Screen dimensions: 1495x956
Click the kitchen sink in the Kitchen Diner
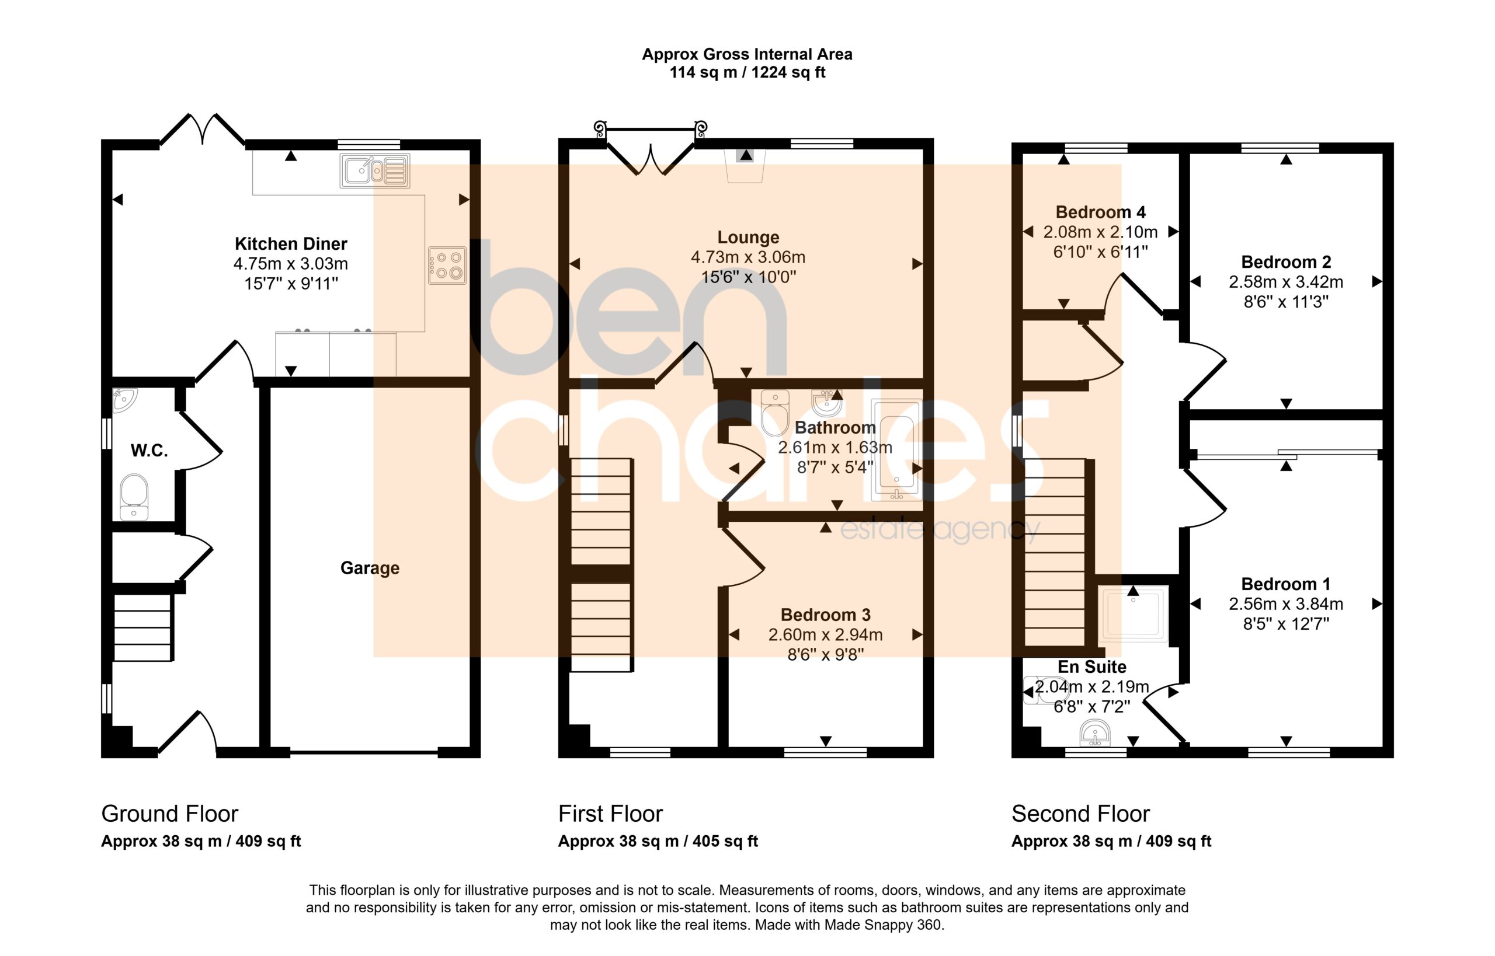point(374,170)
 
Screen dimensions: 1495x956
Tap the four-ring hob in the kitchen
point(447,265)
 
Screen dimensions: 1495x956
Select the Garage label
point(370,568)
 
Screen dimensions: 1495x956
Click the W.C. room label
point(149,451)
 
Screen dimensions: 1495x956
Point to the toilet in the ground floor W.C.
point(134,497)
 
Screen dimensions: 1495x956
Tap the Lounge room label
point(748,237)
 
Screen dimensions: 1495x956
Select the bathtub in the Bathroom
point(896,450)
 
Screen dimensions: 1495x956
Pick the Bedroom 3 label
point(825,615)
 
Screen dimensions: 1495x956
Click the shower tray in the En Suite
point(1133,615)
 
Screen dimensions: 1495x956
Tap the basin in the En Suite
point(1094,732)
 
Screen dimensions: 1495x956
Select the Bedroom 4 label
point(1101,212)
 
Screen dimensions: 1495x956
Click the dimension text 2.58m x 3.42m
point(1286,282)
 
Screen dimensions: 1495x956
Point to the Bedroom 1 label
point(1286,584)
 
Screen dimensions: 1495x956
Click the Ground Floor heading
point(169,813)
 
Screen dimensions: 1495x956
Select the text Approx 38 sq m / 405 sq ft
point(658,841)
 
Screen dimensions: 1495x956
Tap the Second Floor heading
point(1081,813)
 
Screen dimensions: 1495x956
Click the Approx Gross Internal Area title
point(747,54)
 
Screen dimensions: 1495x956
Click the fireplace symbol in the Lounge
point(745,166)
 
